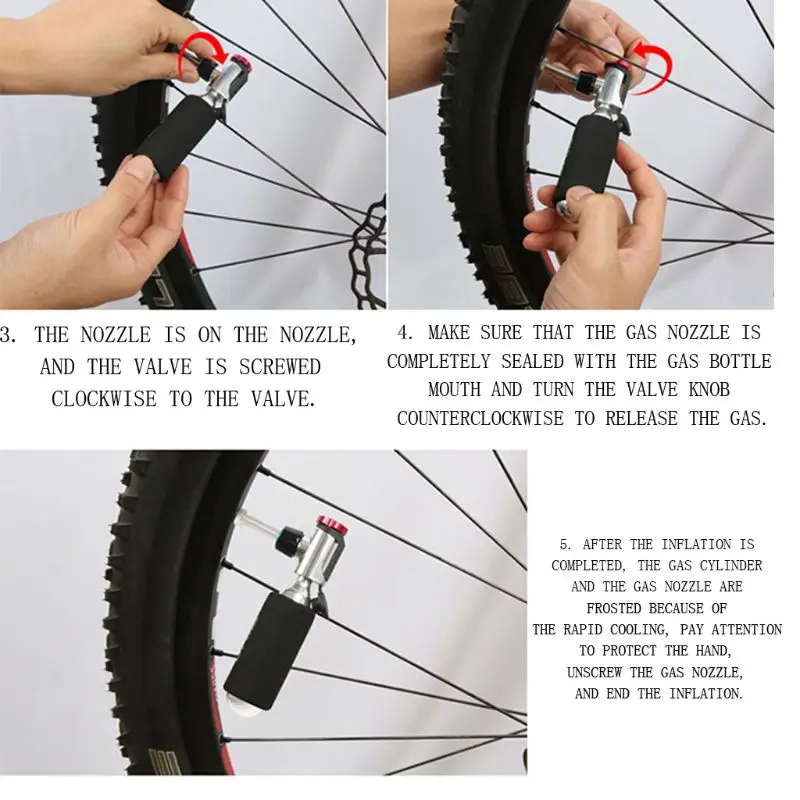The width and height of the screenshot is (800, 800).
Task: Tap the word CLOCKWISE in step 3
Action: click(104, 398)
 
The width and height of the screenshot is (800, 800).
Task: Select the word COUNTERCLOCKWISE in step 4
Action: click(480, 418)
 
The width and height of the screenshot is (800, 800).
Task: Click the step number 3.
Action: click(7, 335)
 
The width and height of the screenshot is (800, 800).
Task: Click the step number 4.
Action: click(405, 333)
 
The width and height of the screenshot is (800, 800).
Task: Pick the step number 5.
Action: click(565, 544)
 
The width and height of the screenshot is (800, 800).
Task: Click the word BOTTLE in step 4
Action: click(740, 361)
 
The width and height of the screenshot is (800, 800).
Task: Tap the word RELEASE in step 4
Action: click(641, 418)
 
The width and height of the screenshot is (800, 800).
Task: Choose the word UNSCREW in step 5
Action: click(594, 672)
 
